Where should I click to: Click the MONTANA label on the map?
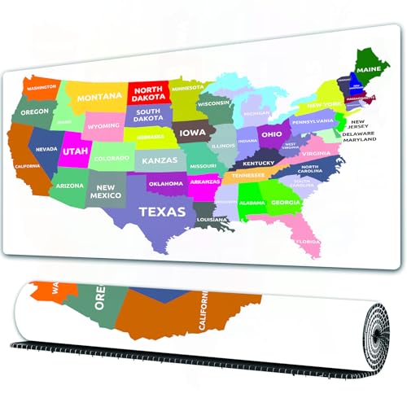coord(99,97)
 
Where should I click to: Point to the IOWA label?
coord(193,133)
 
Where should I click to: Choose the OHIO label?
coord(271,134)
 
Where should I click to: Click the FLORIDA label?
coord(308,241)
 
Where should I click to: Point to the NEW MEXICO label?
coord(106,191)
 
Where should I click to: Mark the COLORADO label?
coord(112,158)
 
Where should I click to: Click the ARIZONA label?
coord(70,186)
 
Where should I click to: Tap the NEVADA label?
coord(46,150)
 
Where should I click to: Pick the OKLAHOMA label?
coord(166,184)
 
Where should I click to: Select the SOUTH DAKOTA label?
coord(148,116)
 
